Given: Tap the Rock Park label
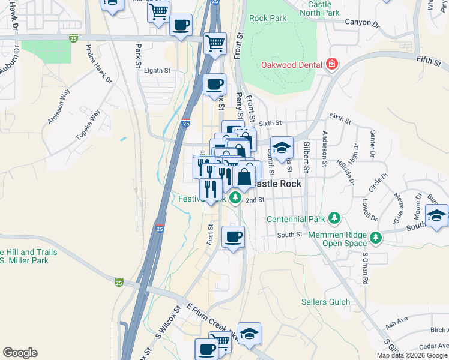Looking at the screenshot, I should pyautogui.click(x=268, y=18).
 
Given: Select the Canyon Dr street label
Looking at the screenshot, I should pyautogui.click(x=362, y=25).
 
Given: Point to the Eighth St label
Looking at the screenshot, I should pyautogui.click(x=157, y=70).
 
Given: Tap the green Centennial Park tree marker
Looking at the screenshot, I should pyautogui.click(x=335, y=218).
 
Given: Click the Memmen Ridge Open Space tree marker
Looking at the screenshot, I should pyautogui.click(x=375, y=238).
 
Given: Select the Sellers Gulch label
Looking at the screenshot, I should pyautogui.click(x=325, y=302).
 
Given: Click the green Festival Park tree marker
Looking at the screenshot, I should pyautogui.click(x=235, y=197).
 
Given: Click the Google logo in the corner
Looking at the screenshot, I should pyautogui.click(x=20, y=353).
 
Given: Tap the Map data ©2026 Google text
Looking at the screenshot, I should pyautogui.click(x=412, y=355).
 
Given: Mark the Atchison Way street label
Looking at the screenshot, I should pyautogui.click(x=59, y=106).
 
